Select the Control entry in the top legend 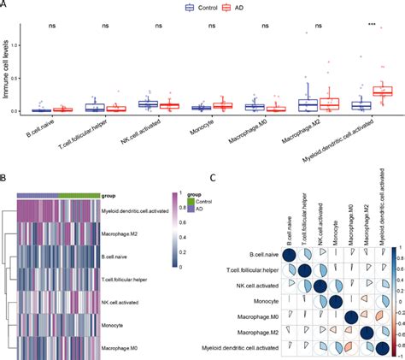pyautogui.click(x=200, y=8)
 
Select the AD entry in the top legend pyautogui.click(x=237, y=8)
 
